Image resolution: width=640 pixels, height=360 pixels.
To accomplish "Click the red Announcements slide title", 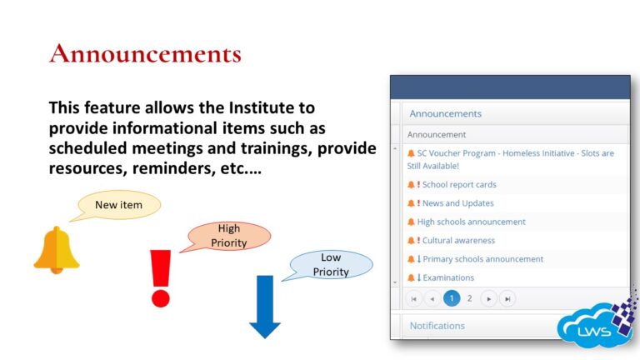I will tap(145, 54).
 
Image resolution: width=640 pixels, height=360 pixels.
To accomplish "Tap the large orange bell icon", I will tap(57, 249).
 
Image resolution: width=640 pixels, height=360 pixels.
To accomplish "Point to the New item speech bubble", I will tap(118, 205).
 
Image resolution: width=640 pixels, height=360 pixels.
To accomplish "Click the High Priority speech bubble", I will tap(228, 235).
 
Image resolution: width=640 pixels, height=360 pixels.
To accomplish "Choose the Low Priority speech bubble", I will tap(331, 264).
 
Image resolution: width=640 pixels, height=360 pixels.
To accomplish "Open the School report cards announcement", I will tap(458, 185).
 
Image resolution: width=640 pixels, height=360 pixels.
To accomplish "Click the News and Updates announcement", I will tap(457, 203).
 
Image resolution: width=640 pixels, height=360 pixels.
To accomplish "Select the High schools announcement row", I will tap(471, 222).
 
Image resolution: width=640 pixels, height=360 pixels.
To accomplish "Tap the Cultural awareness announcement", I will tap(458, 241).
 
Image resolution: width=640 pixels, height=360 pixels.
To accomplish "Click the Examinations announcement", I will tap(447, 277).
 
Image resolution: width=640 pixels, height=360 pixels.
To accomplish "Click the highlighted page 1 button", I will tap(452, 298).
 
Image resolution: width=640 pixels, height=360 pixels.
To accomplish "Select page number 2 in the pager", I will tap(470, 298).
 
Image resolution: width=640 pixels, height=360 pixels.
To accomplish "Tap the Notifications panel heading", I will tap(437, 326).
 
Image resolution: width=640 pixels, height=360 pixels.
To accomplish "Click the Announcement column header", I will tap(437, 134).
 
